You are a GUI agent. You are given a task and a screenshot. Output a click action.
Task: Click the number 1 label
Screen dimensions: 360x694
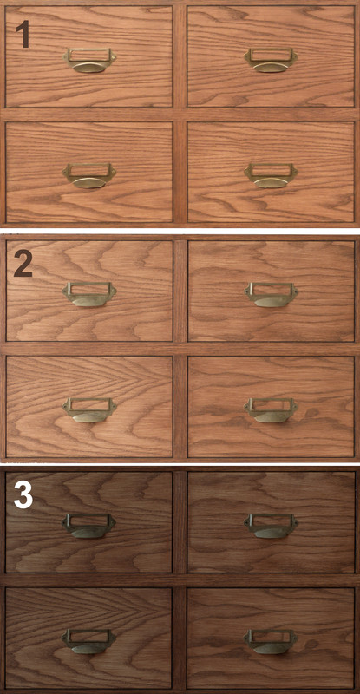pos(23,34)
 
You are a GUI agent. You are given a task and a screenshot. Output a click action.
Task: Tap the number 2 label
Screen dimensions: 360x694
pos(23,264)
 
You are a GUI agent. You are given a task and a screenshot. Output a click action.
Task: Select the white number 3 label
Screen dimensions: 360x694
pos(23,494)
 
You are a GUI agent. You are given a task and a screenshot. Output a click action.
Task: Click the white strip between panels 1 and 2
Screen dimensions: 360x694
pos(180,231)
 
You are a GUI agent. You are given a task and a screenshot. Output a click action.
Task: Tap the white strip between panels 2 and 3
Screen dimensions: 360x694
pos(180,463)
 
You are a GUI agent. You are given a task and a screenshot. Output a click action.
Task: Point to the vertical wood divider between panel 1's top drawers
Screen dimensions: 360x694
pos(180,56)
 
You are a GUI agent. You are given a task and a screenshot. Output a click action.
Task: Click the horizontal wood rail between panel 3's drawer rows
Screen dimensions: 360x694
pos(180,580)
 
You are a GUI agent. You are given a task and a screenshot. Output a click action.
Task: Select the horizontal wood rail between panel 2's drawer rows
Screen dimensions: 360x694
pos(180,349)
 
